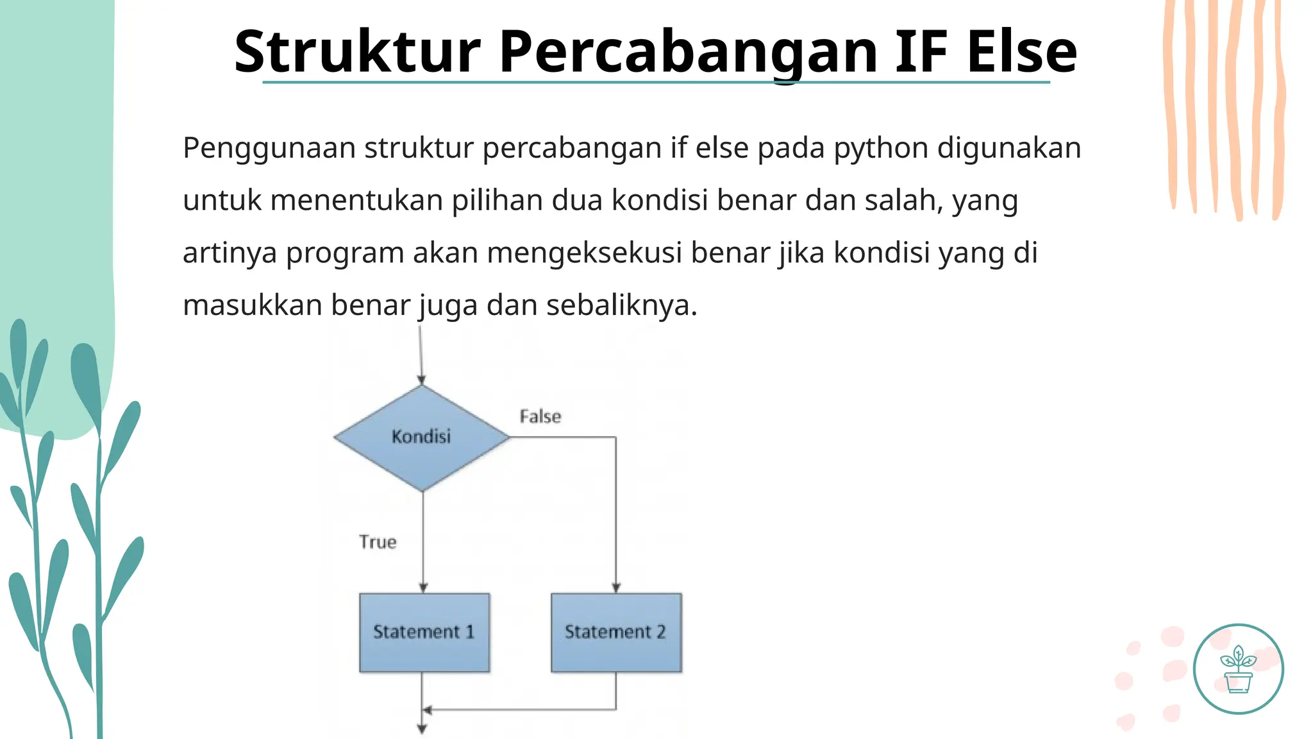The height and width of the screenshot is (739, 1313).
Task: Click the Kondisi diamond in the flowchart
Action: pos(422,437)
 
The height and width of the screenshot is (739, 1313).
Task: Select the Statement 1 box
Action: pos(424,633)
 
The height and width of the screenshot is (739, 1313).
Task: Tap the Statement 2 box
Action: pos(616,633)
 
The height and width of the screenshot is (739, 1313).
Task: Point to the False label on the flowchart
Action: pos(540,417)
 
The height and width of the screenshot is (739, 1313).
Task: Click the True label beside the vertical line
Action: pos(378,542)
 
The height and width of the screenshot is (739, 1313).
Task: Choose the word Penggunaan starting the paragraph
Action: pos(269,148)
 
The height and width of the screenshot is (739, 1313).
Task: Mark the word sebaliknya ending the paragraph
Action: pos(621,305)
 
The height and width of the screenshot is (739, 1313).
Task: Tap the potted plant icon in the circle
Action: pos(1238,669)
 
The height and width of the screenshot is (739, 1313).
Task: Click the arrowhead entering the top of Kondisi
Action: pos(421,379)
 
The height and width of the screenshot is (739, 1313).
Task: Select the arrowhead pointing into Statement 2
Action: pos(616,588)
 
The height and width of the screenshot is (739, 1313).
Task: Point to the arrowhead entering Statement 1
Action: pos(423,588)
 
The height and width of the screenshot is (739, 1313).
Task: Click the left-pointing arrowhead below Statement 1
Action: pos(428,709)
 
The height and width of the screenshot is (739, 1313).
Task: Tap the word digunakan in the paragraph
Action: pos(1009,148)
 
